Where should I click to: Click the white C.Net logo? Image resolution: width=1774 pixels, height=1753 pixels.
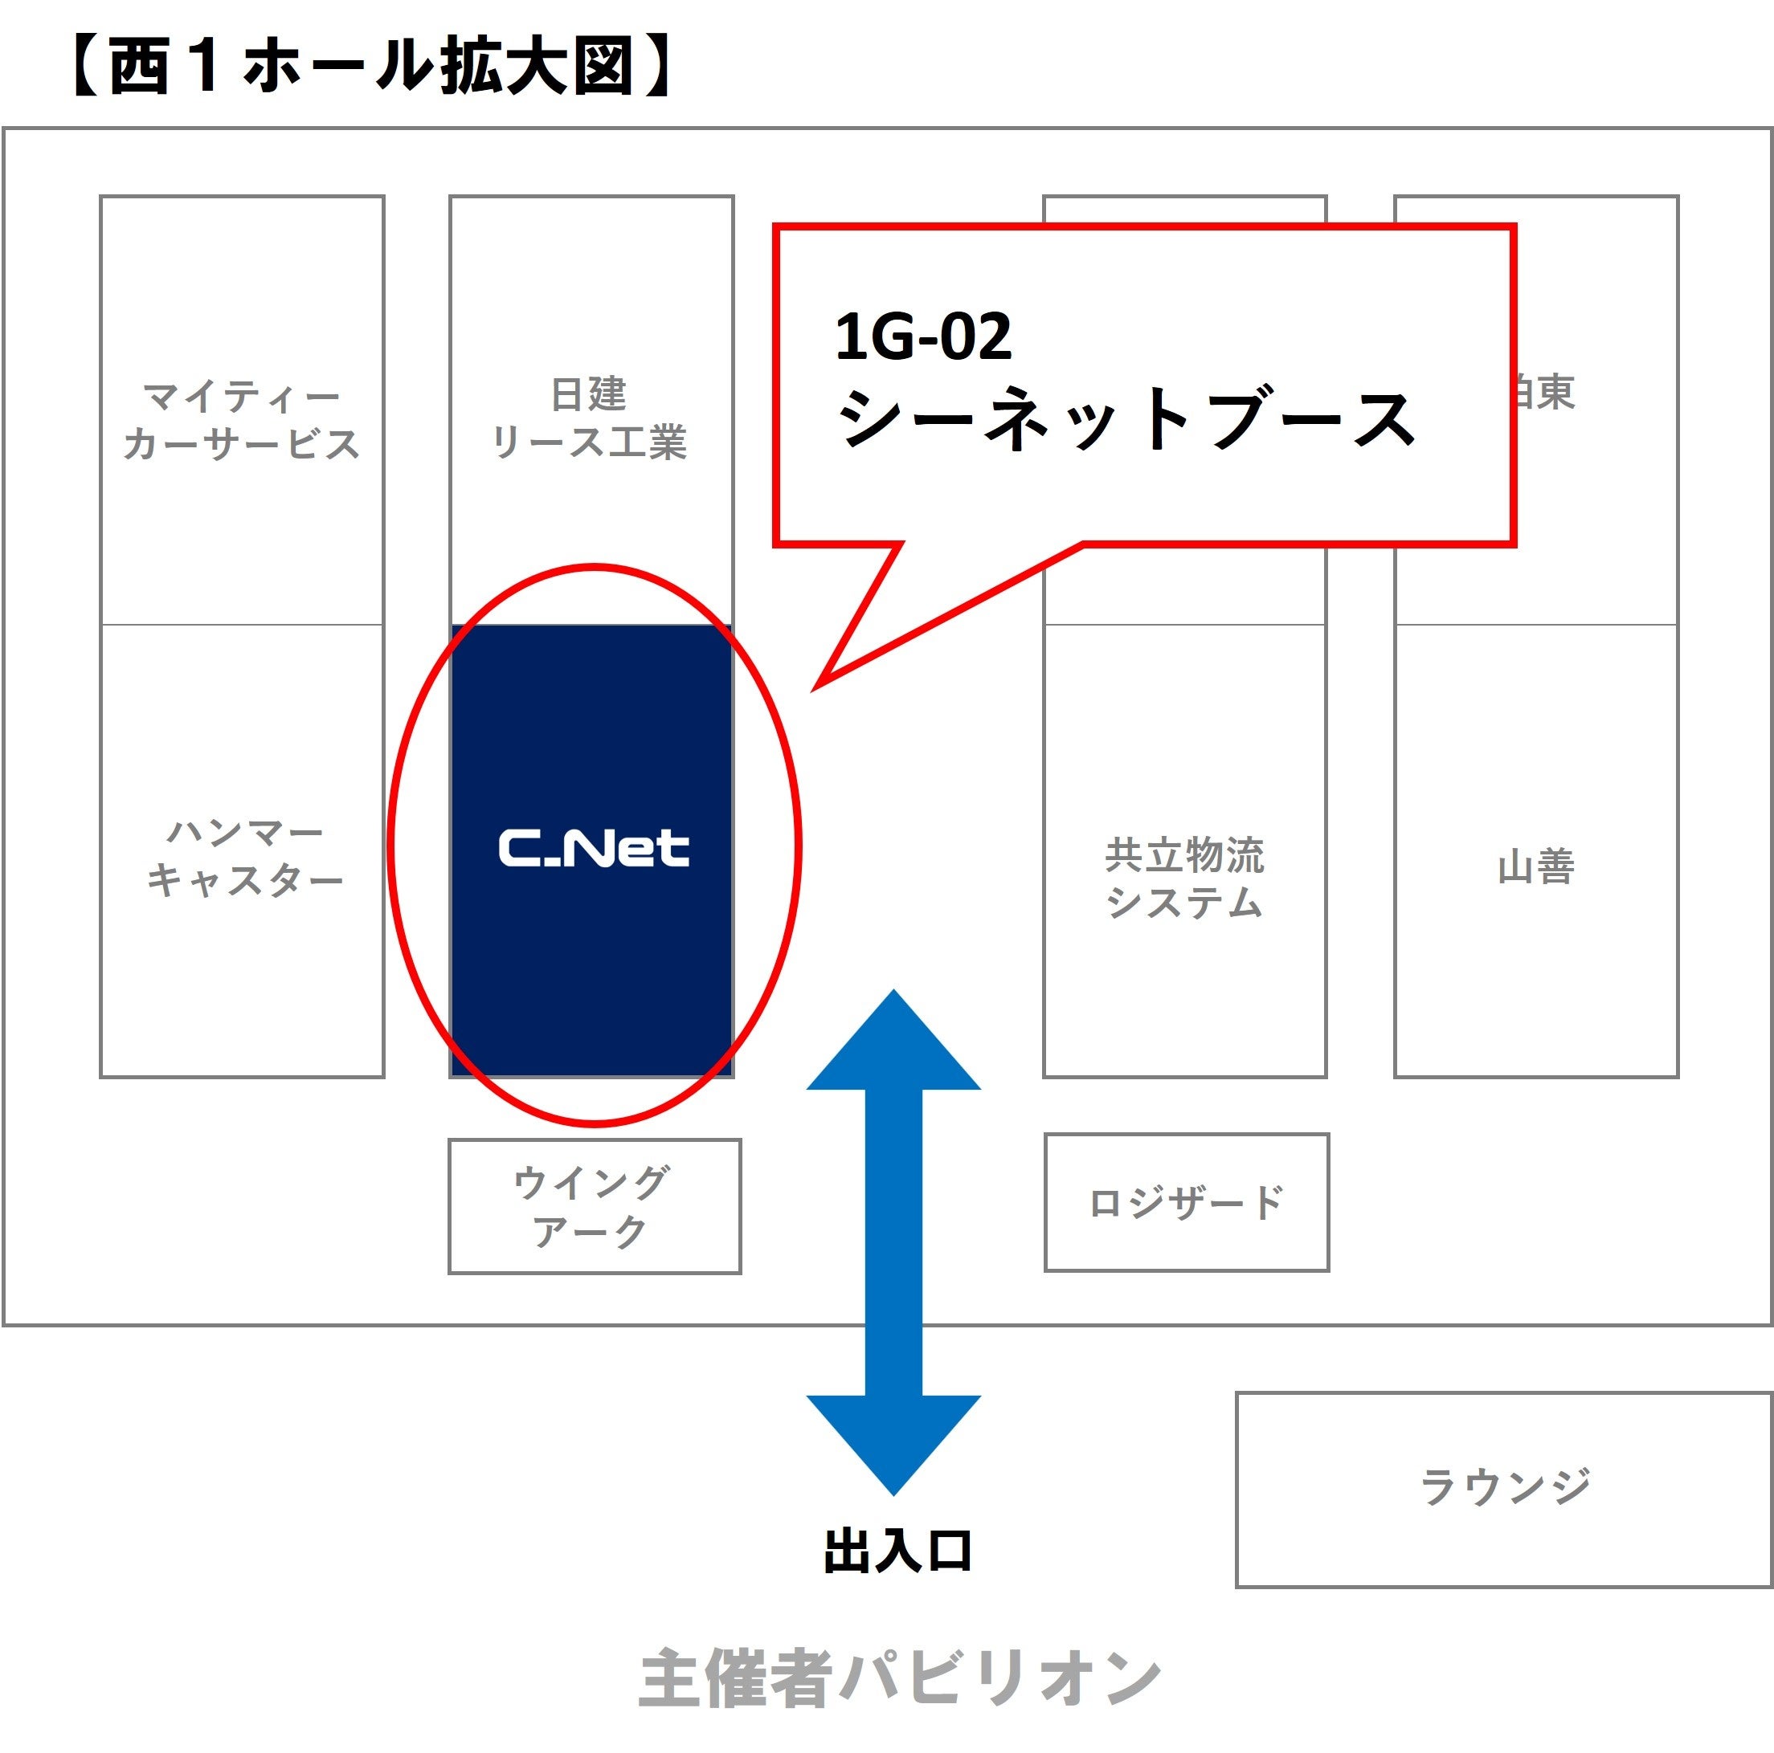click(593, 848)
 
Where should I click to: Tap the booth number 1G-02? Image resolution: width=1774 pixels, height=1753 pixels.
click(923, 336)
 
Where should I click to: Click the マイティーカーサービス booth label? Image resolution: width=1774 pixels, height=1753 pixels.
click(242, 420)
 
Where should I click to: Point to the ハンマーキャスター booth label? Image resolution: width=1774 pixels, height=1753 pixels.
click(244, 856)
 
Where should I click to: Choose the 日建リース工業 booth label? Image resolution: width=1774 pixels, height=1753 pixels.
click(590, 418)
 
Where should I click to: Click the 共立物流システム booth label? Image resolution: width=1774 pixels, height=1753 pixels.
click(1184, 878)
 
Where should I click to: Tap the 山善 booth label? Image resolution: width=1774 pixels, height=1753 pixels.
click(1536, 866)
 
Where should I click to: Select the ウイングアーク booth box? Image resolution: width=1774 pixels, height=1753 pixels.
click(594, 1206)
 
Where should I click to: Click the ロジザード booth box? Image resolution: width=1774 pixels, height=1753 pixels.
click(1187, 1201)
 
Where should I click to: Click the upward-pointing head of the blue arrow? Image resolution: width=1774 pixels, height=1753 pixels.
click(893, 1042)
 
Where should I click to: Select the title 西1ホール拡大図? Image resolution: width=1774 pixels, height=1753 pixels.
click(372, 66)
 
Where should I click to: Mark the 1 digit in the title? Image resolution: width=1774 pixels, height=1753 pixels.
click(206, 66)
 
